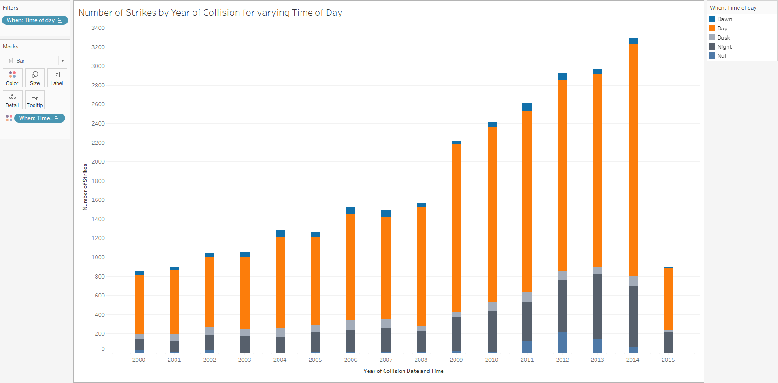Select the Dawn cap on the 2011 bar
(x=527, y=107)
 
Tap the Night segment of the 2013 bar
(x=597, y=307)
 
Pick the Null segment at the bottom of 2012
(x=562, y=343)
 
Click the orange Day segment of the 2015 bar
(x=668, y=299)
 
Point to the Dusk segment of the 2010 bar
(x=492, y=307)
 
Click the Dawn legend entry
(x=724, y=19)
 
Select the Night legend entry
(x=724, y=47)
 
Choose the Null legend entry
(x=722, y=56)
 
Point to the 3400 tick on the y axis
(x=98, y=28)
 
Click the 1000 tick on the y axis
(x=98, y=257)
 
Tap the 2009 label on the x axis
(x=456, y=360)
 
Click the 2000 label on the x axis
(x=139, y=360)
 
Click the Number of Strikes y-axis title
(x=85, y=187)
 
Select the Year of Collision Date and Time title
(x=403, y=371)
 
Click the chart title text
(x=210, y=13)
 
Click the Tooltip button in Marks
(x=35, y=100)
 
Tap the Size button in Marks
(x=35, y=78)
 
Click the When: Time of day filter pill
(x=34, y=20)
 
